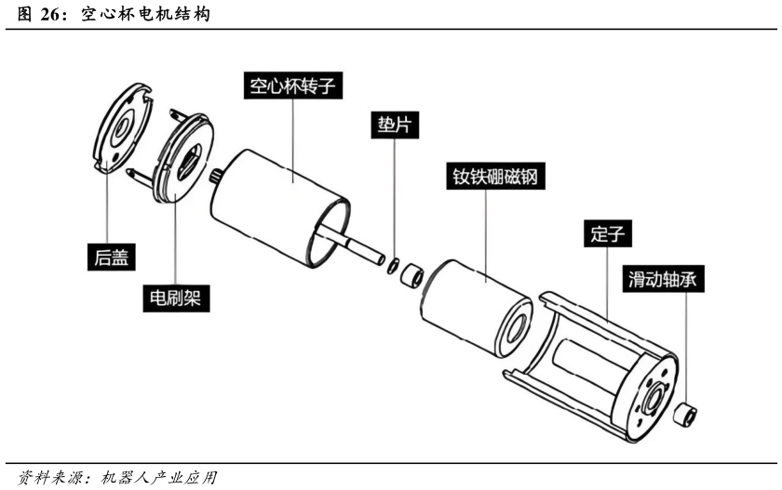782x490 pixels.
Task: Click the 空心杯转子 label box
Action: click(x=292, y=86)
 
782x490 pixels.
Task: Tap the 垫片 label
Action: click(x=395, y=125)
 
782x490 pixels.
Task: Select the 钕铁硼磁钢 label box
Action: click(x=495, y=176)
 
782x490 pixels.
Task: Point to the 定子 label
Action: click(x=607, y=233)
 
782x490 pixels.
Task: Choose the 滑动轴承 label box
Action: click(x=663, y=278)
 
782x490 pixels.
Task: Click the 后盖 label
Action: click(x=111, y=257)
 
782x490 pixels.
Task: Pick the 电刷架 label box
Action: click(x=176, y=298)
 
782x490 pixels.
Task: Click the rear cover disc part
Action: click(x=122, y=127)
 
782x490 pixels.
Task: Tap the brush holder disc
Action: click(x=183, y=158)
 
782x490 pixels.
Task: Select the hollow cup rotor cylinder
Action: click(x=280, y=207)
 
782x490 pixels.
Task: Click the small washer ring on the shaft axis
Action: click(x=393, y=265)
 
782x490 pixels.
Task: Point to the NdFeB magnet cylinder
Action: click(x=477, y=309)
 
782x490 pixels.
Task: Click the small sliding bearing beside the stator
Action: click(x=685, y=415)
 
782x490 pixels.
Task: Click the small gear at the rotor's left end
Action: click(x=216, y=177)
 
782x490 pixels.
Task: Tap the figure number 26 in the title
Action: click(x=49, y=14)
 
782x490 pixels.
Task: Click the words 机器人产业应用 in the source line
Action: click(x=158, y=478)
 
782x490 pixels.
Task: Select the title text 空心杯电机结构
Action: click(x=145, y=14)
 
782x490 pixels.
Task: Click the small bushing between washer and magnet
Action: click(x=412, y=275)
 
